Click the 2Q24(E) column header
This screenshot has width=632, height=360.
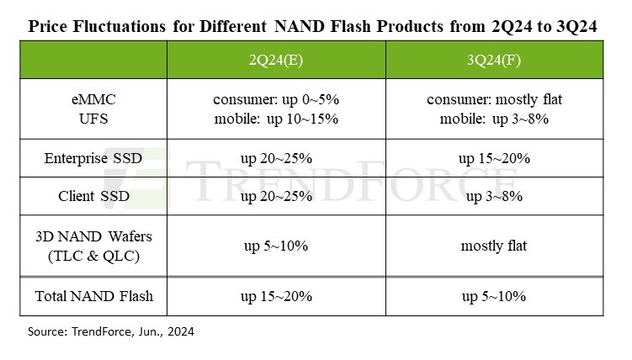[276, 60]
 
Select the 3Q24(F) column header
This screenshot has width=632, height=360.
[494, 60]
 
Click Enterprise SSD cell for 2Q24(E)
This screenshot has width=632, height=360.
[276, 158]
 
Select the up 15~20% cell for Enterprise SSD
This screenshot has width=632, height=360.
[494, 158]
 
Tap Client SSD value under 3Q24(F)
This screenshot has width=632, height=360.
[494, 197]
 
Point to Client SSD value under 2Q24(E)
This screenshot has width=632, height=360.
[276, 197]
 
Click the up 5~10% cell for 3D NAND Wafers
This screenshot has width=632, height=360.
[276, 246]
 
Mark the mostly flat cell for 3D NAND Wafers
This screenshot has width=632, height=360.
[494, 246]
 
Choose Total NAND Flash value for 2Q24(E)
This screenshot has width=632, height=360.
[276, 296]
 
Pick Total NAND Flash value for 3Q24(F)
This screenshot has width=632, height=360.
[494, 296]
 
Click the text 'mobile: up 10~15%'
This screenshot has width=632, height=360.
[276, 119]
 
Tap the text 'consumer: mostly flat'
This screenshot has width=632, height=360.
[494, 100]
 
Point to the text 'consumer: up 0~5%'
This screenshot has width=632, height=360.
[276, 100]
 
